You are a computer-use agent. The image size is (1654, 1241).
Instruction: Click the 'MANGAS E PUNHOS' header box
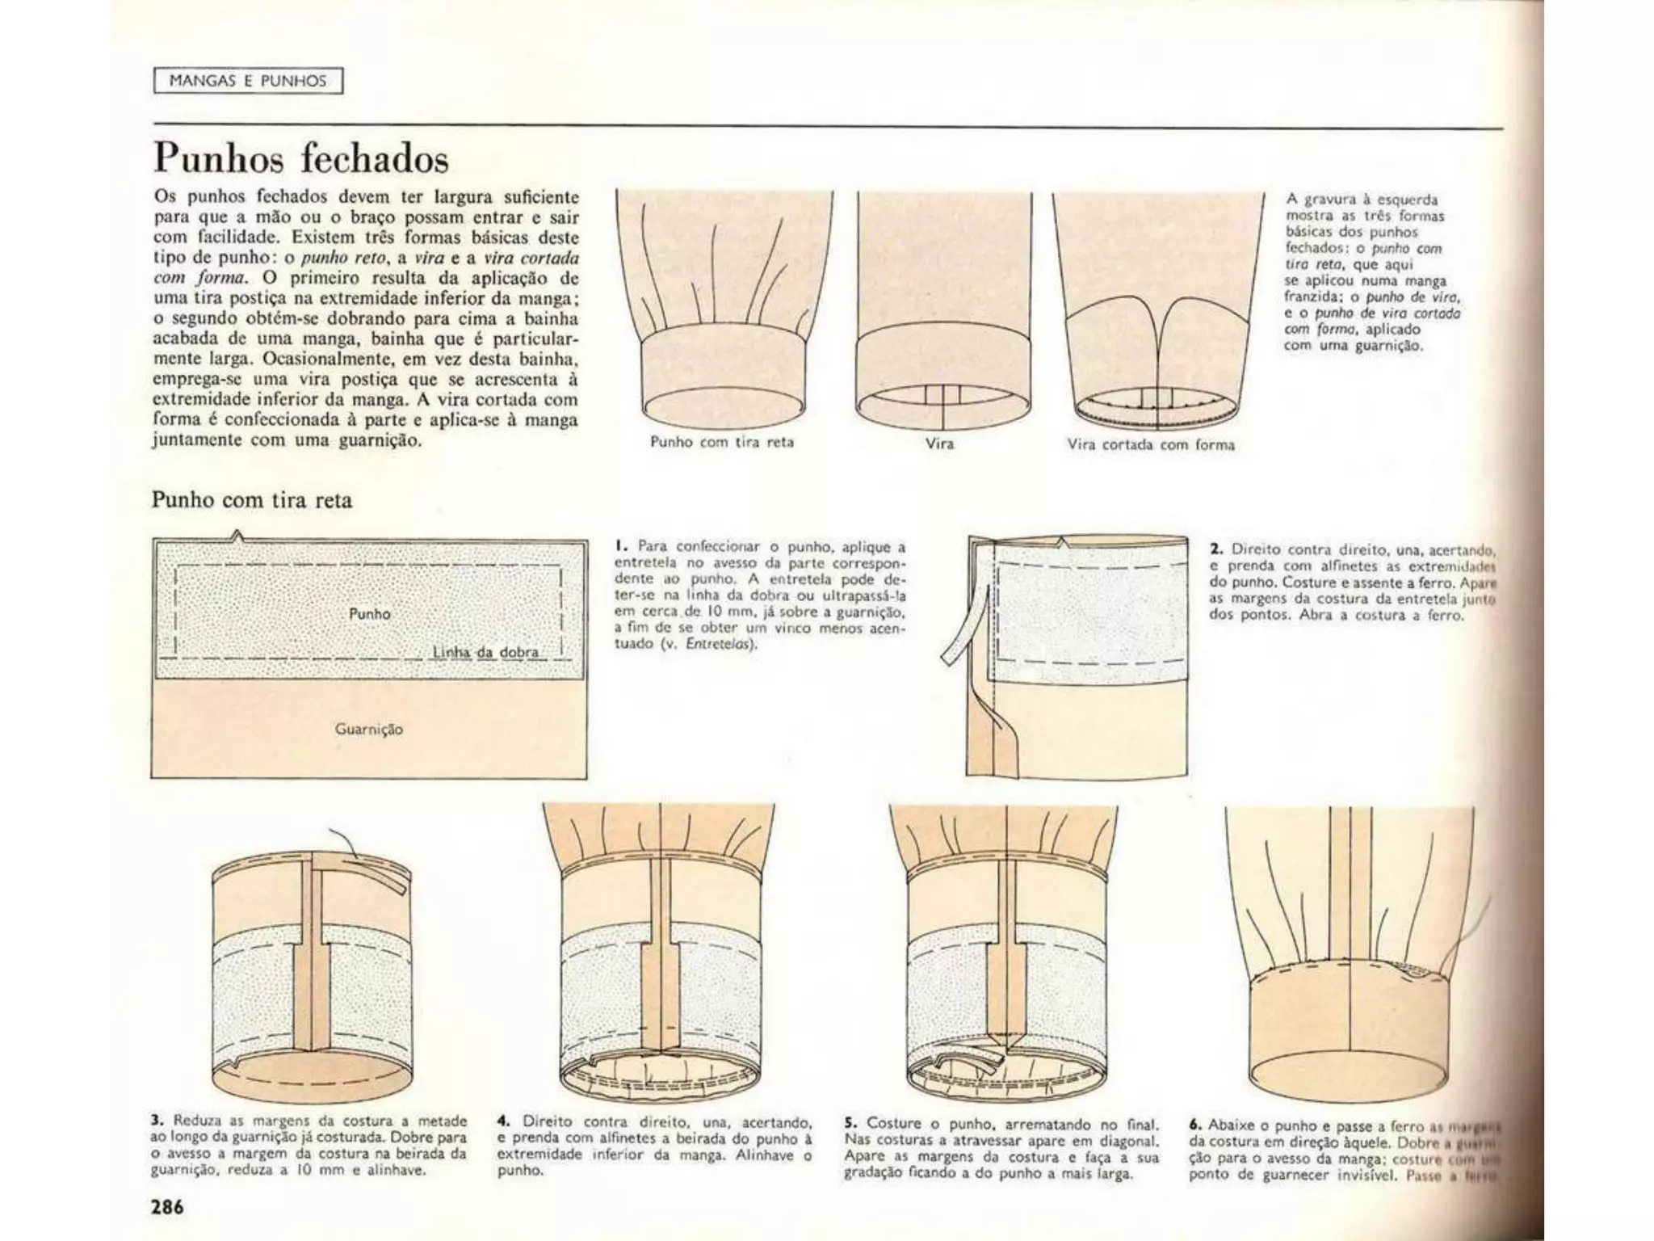[x=248, y=82]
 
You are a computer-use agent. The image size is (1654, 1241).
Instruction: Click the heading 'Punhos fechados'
[x=300, y=158]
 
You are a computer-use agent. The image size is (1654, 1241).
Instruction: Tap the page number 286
[x=167, y=1206]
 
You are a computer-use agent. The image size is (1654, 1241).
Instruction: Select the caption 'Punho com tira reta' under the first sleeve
[x=722, y=442]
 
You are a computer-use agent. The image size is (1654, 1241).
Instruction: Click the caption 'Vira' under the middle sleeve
[x=939, y=444]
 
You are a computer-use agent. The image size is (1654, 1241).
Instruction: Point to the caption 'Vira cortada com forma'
[x=1151, y=444]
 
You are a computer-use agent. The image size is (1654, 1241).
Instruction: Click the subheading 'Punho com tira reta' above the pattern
[x=252, y=500]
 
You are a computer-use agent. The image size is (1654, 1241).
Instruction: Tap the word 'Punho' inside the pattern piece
[x=370, y=614]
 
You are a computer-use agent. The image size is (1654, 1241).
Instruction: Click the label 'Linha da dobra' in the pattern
[x=485, y=652]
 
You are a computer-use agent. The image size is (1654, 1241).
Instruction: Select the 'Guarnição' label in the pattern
[x=369, y=730]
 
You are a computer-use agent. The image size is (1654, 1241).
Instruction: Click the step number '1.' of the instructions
[x=620, y=546]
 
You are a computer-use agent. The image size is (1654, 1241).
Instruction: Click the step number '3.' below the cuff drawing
[x=157, y=1121]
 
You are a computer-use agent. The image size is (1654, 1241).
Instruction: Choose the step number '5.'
[x=850, y=1123]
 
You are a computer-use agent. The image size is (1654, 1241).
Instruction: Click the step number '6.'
[x=1195, y=1124]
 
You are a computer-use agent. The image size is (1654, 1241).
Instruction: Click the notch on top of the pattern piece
[x=237, y=534]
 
